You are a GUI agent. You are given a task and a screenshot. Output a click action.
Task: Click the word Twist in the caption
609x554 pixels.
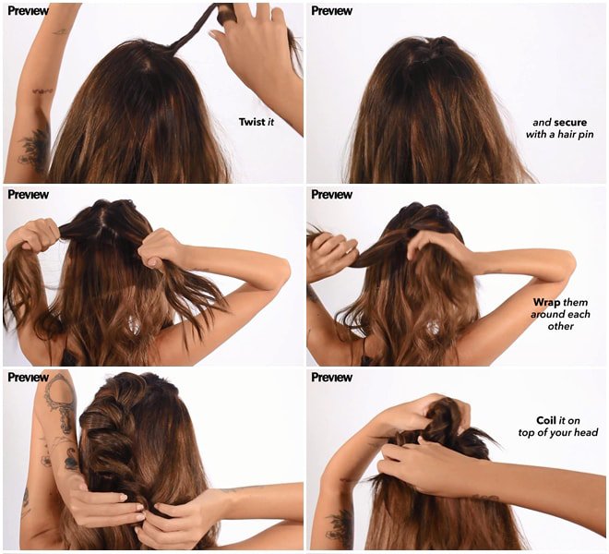[252, 122]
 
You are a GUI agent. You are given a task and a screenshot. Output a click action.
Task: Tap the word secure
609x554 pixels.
[570, 123]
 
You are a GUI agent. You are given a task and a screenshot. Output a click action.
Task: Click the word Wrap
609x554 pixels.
[546, 303]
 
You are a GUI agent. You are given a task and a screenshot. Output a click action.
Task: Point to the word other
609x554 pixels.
[561, 326]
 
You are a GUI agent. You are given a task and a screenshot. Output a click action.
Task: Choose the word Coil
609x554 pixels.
[546, 420]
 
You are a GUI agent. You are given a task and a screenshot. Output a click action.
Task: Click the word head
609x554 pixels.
[586, 432]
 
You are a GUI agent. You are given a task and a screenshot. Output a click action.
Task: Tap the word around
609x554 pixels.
[545, 314]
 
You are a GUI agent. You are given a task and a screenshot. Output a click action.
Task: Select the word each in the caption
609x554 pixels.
[577, 314]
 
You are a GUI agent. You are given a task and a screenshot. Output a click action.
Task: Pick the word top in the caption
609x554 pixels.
[526, 433]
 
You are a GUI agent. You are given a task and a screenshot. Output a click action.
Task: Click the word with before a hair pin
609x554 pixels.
[536, 135]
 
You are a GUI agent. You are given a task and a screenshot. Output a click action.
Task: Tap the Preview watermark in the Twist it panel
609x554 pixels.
[28, 11]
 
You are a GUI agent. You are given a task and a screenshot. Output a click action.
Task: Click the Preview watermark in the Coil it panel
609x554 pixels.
[331, 377]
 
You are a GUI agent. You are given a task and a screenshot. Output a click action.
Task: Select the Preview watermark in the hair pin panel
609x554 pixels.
[331, 11]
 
